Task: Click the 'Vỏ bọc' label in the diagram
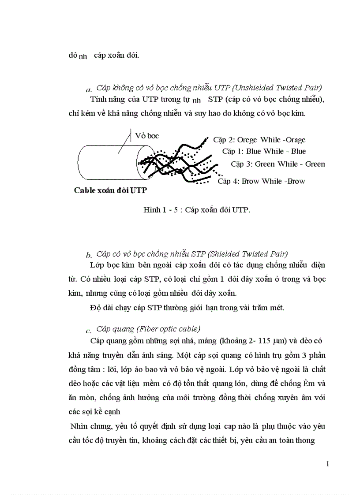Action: click(x=147, y=135)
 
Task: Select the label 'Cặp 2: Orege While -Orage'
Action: click(x=259, y=140)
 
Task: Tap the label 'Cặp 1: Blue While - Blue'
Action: click(x=264, y=151)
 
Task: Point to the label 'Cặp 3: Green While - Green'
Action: click(x=277, y=164)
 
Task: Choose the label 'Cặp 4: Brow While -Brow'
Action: click(x=261, y=181)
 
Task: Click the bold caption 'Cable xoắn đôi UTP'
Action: click(x=110, y=190)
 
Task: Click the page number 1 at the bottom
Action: click(x=327, y=464)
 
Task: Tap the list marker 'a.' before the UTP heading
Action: click(x=89, y=90)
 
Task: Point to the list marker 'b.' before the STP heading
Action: click(x=89, y=255)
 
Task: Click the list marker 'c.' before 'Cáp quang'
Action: click(x=89, y=331)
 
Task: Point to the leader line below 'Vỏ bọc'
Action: click(x=125, y=142)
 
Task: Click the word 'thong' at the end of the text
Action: click(x=304, y=439)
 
